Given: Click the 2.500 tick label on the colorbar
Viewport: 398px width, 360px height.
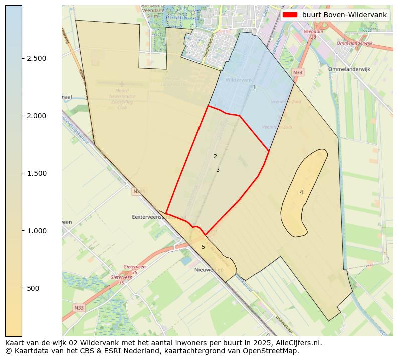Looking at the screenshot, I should pyautogui.click(x=36, y=58).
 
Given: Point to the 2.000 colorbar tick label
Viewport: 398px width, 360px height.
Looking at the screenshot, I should pyautogui.click(x=36, y=116).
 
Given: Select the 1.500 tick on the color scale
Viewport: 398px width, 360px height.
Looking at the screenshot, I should pyautogui.click(x=36, y=173).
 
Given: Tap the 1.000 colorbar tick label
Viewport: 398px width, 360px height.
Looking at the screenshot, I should pyautogui.click(x=36, y=231).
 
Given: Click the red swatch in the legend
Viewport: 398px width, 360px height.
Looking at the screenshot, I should pyautogui.click(x=290, y=15).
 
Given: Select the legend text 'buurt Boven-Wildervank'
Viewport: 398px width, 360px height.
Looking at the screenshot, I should pyautogui.click(x=344, y=15).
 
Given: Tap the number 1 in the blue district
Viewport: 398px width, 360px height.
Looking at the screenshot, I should pyautogui.click(x=254, y=88).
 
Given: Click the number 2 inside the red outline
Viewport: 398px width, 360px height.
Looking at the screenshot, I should pyautogui.click(x=215, y=157).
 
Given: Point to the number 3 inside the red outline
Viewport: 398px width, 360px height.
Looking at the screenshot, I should pyautogui.click(x=218, y=170).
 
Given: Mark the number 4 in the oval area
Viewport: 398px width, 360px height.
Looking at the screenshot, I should pyautogui.click(x=301, y=193).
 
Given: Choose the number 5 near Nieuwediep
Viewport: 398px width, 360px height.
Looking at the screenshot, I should pyautogui.click(x=203, y=247).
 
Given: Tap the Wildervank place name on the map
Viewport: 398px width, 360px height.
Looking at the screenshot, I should pyautogui.click(x=239, y=80).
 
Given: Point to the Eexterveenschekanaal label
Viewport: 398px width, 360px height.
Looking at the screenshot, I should pyautogui.click(x=159, y=217).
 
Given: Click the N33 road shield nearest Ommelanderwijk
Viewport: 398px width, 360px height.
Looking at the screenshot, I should pyautogui.click(x=298, y=73).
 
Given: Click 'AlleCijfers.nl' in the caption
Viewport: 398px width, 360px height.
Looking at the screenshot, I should pyautogui.click(x=299, y=343).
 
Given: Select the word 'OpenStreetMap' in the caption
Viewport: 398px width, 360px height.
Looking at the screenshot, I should pyautogui.click(x=274, y=351).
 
